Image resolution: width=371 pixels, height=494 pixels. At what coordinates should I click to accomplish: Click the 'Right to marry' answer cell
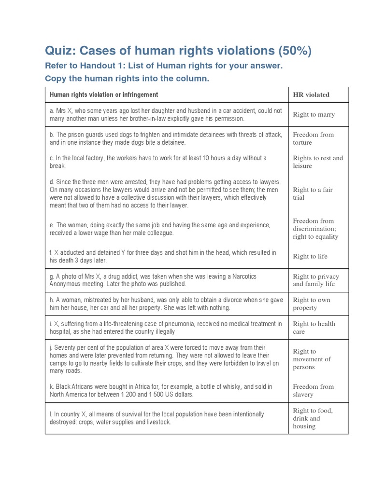point(314,115)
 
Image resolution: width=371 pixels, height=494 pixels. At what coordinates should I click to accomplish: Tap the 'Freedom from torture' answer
point(313,138)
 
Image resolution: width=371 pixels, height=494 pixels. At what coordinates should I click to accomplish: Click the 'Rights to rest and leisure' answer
point(318,162)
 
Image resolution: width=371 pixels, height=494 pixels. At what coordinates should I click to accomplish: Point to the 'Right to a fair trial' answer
point(313,194)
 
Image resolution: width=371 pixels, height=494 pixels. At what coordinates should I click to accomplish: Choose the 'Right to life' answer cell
point(310,257)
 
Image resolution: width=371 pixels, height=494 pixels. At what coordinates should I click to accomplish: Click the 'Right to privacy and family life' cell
point(316,280)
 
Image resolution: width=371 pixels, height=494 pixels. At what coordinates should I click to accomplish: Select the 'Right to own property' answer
point(312,304)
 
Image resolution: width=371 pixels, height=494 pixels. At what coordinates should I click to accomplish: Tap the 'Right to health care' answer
point(314,328)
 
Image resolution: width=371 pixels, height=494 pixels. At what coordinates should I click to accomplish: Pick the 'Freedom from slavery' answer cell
point(313,391)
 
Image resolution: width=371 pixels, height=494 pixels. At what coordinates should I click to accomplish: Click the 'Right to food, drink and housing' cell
point(313,418)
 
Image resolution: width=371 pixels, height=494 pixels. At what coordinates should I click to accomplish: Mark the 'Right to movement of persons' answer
point(312,359)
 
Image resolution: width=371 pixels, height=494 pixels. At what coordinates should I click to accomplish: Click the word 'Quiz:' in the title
point(60,51)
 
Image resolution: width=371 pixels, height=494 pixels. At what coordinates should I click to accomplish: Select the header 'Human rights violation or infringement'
point(104,95)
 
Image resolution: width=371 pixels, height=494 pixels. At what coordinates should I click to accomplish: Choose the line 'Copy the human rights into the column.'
point(127,79)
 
